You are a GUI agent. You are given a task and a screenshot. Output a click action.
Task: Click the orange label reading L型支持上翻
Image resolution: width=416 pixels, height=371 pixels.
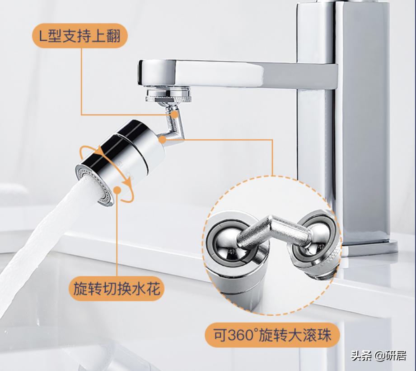pos(79,36)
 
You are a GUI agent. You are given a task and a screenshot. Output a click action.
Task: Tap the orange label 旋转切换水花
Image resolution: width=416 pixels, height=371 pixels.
pos(117,289)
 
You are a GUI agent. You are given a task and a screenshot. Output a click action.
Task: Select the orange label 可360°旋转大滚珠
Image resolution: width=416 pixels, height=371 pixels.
pos(272,335)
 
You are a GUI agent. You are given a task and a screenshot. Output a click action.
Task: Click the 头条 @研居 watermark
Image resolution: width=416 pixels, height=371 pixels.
pos(379,356)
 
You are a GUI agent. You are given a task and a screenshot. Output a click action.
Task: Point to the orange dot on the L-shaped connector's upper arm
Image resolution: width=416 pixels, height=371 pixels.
pos(174,114)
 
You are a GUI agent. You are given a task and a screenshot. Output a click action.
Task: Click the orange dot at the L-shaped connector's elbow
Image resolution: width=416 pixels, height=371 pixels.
pos(162,140)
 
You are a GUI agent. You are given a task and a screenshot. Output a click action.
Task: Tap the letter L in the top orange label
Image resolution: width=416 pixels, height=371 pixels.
pos(42,36)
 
